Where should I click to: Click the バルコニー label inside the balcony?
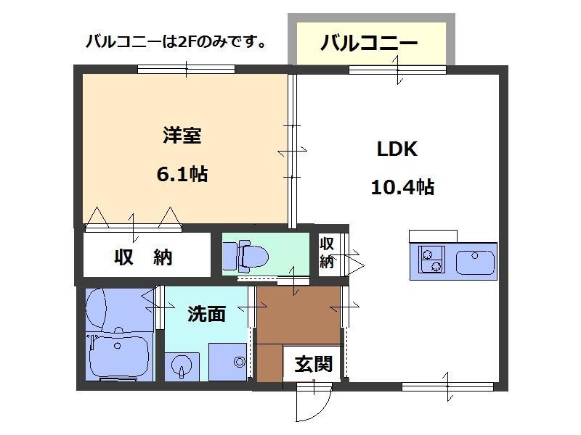click(x=369, y=43)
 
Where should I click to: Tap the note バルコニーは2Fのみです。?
click(x=175, y=41)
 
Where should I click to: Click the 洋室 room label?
click(x=182, y=136)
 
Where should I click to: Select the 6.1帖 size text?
click(x=182, y=174)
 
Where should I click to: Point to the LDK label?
click(x=396, y=150)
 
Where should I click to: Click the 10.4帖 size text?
click(x=402, y=188)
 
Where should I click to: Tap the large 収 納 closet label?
click(x=143, y=257)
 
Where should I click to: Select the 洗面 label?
click(x=206, y=313)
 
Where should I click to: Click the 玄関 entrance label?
click(x=312, y=363)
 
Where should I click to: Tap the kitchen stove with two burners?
click(x=430, y=260)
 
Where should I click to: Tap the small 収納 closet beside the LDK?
click(x=327, y=252)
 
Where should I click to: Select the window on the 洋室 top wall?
click(x=186, y=70)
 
